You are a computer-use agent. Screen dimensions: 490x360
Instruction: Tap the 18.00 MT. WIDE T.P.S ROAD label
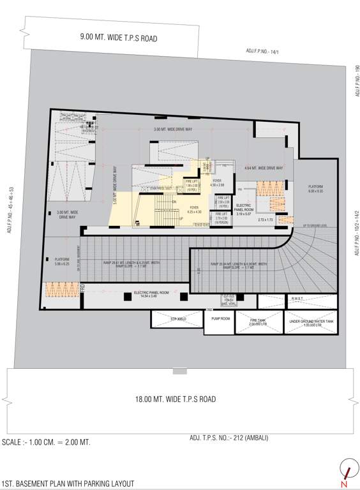click(175, 399)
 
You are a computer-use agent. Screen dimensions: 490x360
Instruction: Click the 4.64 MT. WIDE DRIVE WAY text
click(264, 168)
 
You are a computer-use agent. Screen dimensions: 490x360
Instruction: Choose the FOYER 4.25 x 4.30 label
click(193, 209)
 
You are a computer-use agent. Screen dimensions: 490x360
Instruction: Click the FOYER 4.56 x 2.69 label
click(218, 183)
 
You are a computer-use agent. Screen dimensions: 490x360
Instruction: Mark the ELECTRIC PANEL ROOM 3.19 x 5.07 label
click(244, 209)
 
